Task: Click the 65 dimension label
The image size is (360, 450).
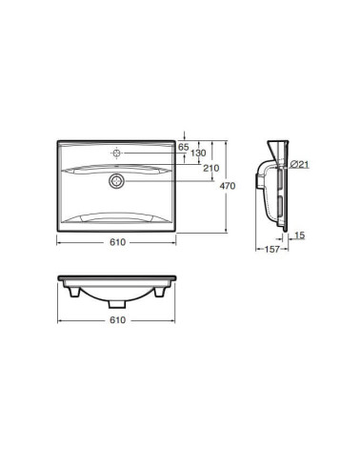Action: click(x=183, y=147)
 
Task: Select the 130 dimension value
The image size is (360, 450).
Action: click(x=198, y=153)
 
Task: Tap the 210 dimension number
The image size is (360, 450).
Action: click(x=211, y=168)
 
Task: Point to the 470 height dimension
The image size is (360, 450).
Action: click(x=228, y=186)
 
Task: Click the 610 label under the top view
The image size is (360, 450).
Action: click(x=117, y=242)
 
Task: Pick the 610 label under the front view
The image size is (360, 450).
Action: click(x=117, y=320)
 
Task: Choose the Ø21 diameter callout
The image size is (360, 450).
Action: click(x=299, y=164)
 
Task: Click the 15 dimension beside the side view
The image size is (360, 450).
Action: click(x=300, y=235)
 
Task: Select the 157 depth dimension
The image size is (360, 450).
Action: click(x=272, y=250)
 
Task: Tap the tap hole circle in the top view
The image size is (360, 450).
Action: click(x=117, y=153)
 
